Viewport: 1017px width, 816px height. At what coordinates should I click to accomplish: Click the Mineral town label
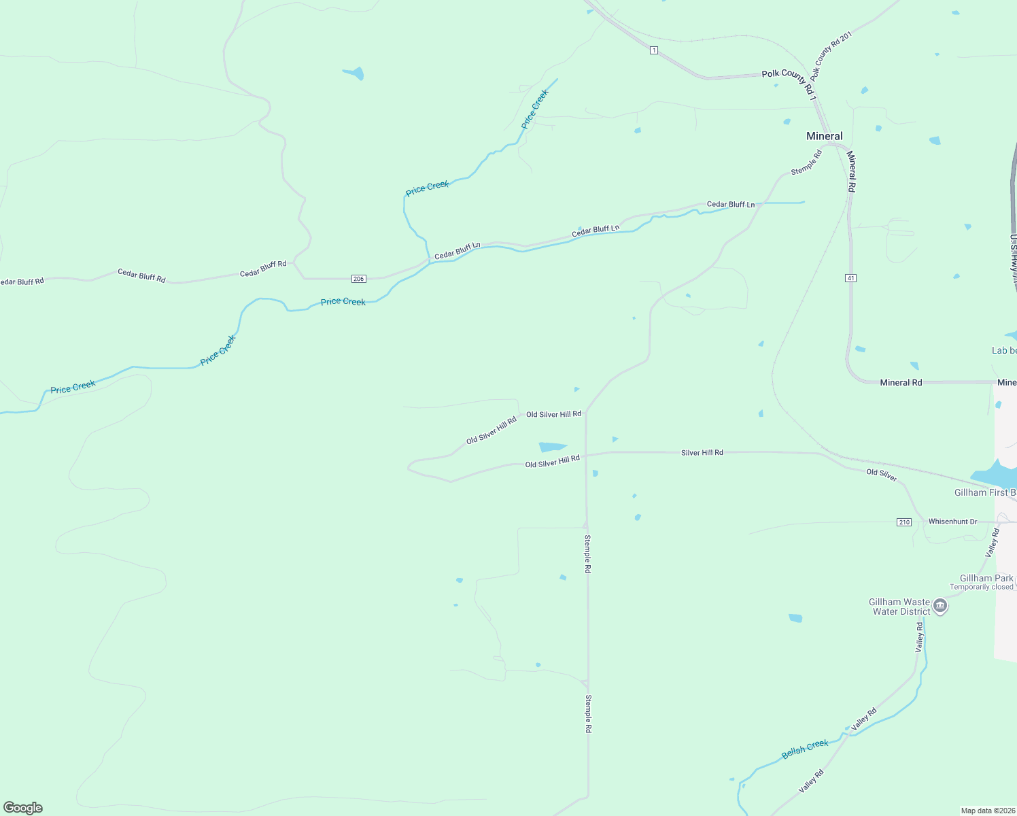tap(824, 136)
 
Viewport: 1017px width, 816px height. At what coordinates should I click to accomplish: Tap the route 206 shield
tap(359, 279)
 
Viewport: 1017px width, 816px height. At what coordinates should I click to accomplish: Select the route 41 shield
tap(850, 278)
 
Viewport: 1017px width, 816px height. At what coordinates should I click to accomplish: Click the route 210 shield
tap(903, 522)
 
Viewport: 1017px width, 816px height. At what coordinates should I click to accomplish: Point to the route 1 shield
tap(653, 50)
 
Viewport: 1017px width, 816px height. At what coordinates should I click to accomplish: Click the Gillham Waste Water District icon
tap(940, 606)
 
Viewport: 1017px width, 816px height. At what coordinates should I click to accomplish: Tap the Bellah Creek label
tap(805, 749)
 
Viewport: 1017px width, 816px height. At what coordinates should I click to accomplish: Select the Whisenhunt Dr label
tap(952, 522)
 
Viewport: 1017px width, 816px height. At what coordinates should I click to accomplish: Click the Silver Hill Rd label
tap(702, 452)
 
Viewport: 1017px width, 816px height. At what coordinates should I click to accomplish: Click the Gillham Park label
tap(986, 578)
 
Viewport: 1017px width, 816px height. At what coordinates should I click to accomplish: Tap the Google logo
tap(23, 808)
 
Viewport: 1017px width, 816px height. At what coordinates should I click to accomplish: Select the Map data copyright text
tap(988, 811)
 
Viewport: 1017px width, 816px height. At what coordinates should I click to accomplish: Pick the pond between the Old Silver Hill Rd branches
tap(551, 447)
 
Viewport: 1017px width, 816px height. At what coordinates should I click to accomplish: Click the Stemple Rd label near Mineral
tap(806, 162)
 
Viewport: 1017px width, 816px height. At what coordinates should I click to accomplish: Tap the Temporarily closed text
tap(981, 587)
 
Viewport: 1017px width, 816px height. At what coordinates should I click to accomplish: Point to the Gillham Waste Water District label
tap(900, 607)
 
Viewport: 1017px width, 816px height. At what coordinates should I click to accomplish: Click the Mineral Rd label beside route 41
tap(851, 171)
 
